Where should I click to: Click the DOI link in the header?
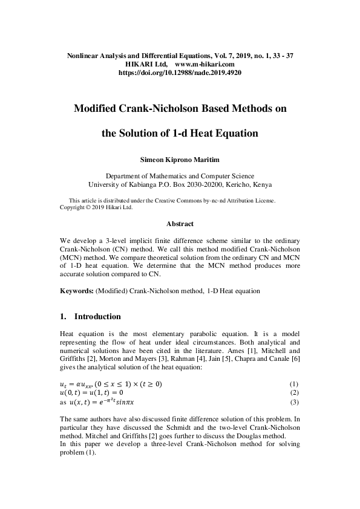(x=180, y=71)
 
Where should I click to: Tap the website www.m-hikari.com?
(x=204, y=63)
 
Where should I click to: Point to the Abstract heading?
(x=180, y=224)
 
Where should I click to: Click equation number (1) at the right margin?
(x=294, y=384)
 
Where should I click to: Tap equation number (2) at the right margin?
(x=294, y=393)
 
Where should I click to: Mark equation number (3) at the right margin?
(x=294, y=402)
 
